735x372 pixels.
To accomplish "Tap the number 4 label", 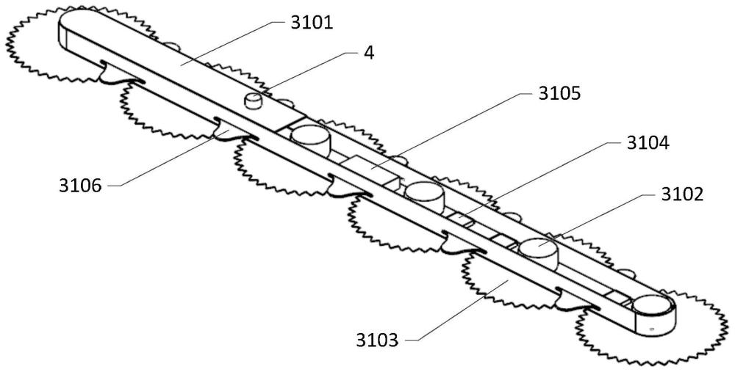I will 368,53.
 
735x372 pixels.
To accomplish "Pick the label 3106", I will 82,185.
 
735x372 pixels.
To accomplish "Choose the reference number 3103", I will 378,340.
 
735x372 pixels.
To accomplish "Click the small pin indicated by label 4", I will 254,100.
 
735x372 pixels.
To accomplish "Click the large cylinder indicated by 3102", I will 539,252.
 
